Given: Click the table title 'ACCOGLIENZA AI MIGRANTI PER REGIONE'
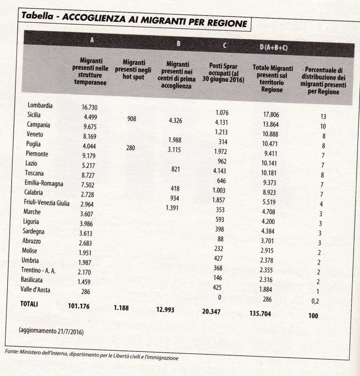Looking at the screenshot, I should click(x=154, y=20).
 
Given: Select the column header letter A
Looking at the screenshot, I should click(x=92, y=40).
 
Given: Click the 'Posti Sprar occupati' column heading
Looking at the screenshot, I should click(x=226, y=72).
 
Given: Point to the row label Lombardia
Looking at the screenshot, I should click(x=40, y=105).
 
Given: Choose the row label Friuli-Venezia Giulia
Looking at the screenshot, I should click(x=46, y=203).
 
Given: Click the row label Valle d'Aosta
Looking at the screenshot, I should click(x=36, y=290).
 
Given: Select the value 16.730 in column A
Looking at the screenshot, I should click(x=90, y=107).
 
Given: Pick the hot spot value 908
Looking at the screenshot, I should click(x=132, y=119).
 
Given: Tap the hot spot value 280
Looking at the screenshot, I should click(x=130, y=148).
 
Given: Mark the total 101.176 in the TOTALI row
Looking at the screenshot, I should click(x=78, y=306).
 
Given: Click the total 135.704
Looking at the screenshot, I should click(x=260, y=314).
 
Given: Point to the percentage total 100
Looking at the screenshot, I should click(x=313, y=316).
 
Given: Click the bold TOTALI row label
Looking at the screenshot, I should click(x=29, y=304).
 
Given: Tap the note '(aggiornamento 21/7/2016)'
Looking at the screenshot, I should click(x=51, y=332).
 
